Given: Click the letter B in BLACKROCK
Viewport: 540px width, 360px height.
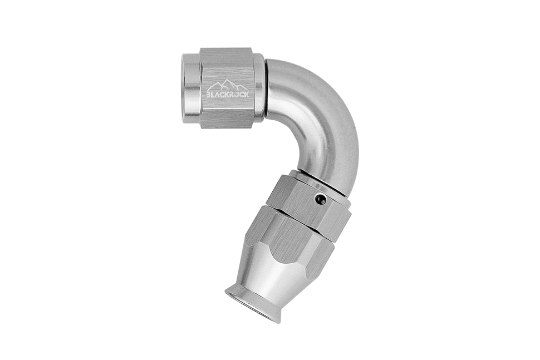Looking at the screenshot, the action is (x=208, y=94).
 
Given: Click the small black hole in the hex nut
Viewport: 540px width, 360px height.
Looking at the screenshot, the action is (x=321, y=199).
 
